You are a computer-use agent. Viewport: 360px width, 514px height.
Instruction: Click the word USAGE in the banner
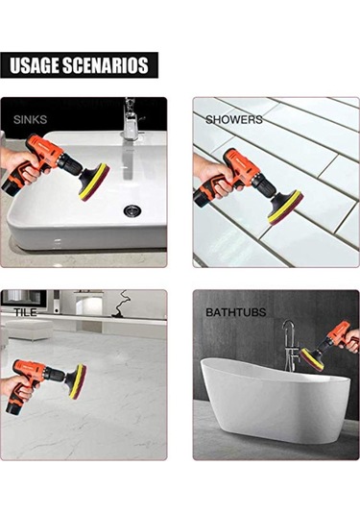click(x=35, y=65)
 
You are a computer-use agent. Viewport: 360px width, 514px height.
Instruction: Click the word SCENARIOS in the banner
click(x=106, y=65)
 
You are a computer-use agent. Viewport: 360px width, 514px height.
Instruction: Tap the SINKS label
click(x=30, y=120)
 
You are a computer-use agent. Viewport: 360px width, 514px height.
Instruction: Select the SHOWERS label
click(x=234, y=120)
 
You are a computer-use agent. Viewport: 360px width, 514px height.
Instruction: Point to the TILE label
click(x=25, y=312)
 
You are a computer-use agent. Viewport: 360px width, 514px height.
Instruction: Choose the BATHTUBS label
click(x=236, y=312)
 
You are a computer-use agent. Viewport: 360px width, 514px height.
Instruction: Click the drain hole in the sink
click(x=132, y=210)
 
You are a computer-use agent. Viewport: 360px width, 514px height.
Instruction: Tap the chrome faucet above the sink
click(x=131, y=120)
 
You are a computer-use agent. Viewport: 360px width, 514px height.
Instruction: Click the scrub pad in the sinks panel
click(x=94, y=182)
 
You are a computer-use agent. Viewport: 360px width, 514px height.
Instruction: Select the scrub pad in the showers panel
click(x=286, y=208)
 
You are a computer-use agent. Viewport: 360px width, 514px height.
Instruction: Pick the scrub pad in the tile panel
click(x=78, y=381)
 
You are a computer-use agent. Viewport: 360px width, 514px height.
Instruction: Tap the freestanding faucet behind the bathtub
click(x=290, y=345)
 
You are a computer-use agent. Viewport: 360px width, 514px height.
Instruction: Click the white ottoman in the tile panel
click(x=29, y=330)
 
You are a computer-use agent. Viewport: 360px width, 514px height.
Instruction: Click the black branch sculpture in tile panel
click(x=120, y=304)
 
